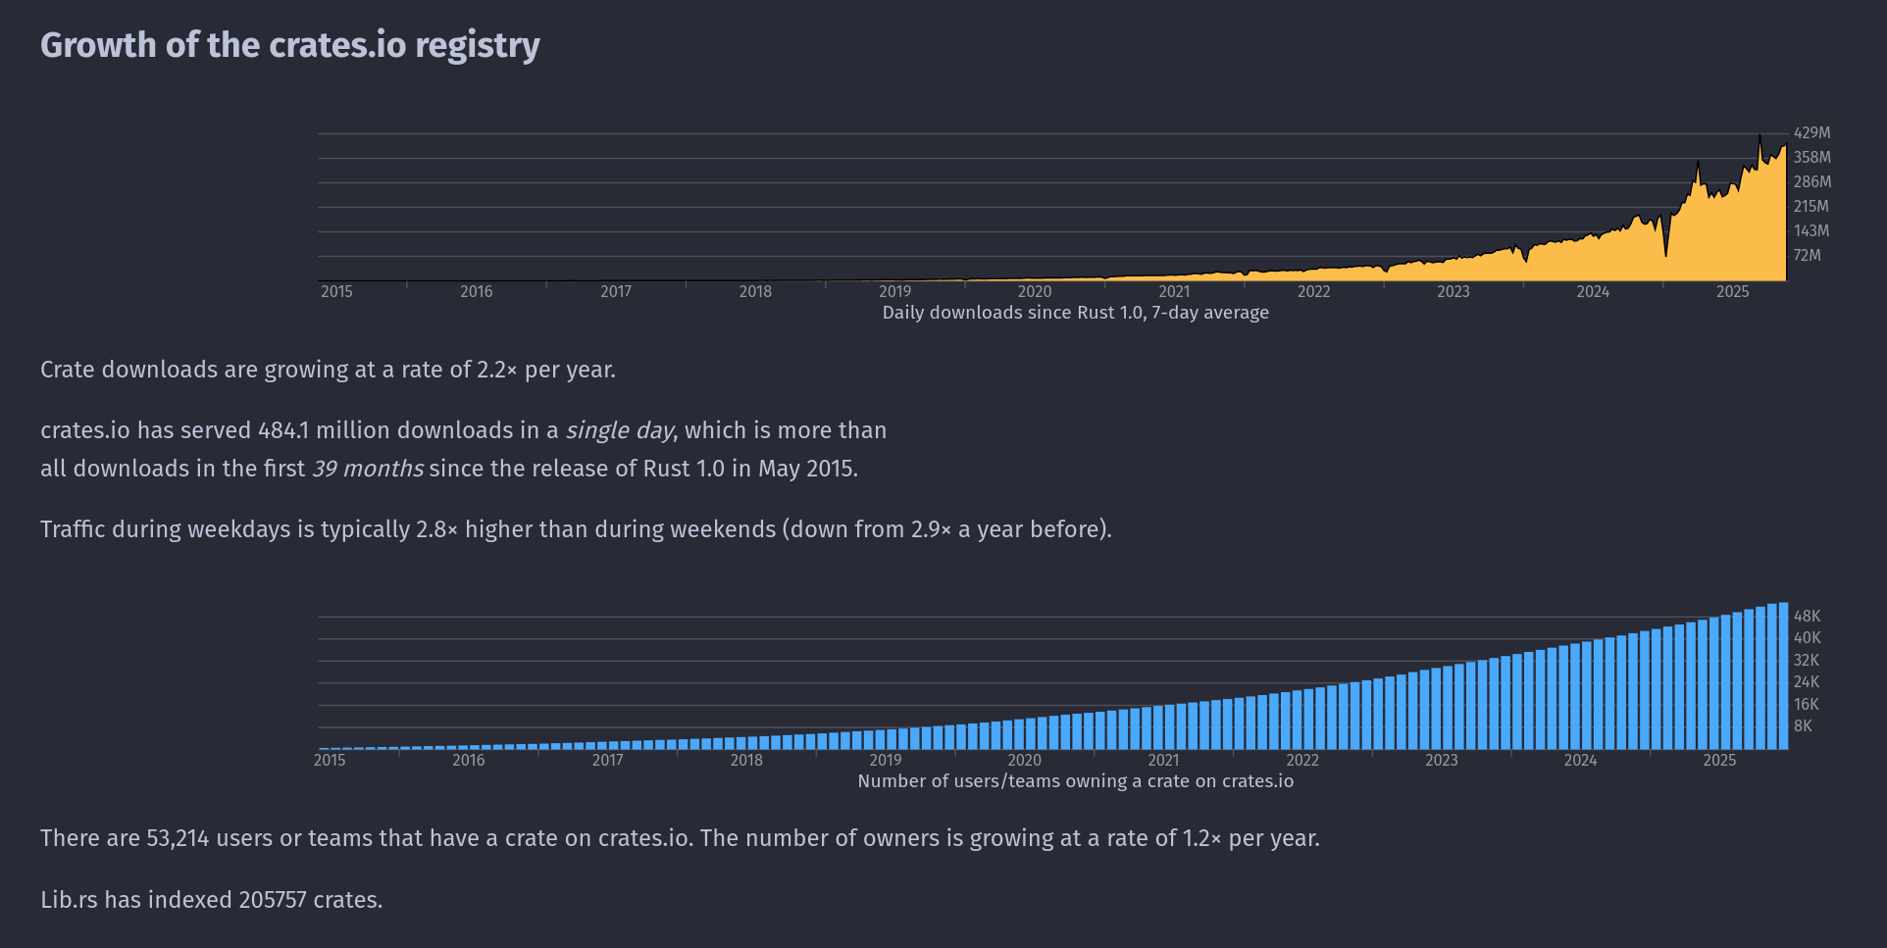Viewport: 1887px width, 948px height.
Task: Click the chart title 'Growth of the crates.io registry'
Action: click(290, 45)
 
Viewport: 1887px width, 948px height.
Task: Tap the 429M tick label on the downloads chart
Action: click(1811, 132)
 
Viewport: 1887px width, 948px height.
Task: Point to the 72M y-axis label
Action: click(1807, 255)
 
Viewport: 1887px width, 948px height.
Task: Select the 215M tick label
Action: click(1810, 206)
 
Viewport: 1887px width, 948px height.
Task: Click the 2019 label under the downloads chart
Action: click(894, 291)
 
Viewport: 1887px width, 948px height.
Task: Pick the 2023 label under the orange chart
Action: click(1453, 291)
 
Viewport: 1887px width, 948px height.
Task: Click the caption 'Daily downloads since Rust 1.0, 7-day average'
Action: click(1075, 313)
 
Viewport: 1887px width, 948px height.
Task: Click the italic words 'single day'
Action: click(619, 430)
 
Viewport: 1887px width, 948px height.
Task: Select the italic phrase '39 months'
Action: click(368, 469)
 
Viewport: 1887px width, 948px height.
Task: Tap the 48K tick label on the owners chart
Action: click(1807, 616)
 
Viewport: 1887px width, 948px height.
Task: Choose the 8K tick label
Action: click(1803, 725)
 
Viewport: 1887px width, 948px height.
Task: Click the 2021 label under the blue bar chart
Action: click(1163, 760)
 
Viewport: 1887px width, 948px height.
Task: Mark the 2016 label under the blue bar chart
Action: click(469, 760)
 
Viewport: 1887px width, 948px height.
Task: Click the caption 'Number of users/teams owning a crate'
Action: click(1075, 781)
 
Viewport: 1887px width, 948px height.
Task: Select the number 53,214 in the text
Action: click(178, 838)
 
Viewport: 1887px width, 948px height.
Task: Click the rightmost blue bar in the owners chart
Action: click(1783, 676)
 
